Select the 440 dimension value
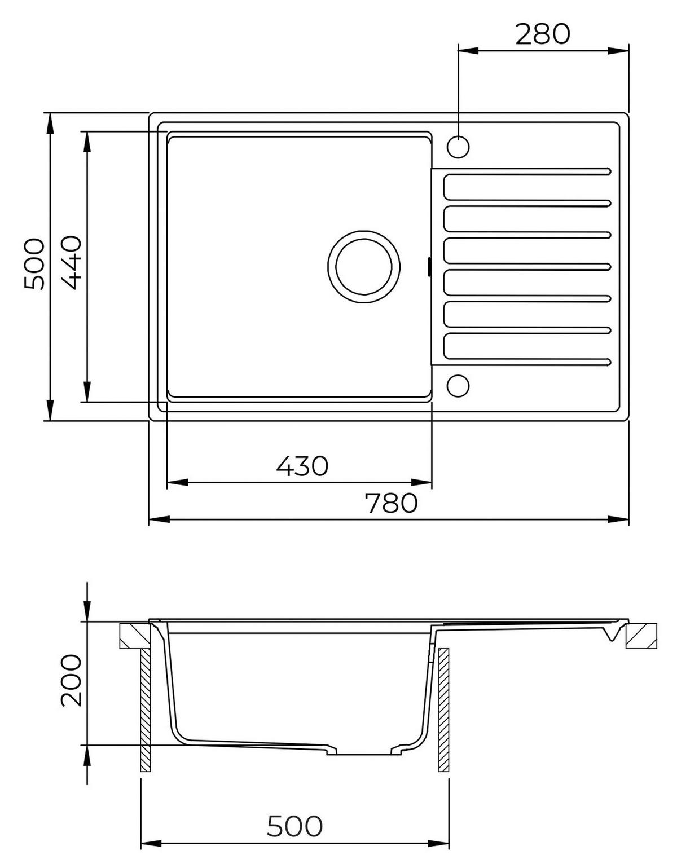coord(72,262)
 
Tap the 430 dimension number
coord(302,465)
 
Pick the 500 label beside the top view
coord(34,263)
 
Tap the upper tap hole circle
coord(458,147)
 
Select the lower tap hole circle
coord(458,386)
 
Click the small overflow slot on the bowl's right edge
coord(429,267)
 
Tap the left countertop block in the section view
coord(135,636)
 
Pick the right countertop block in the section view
coord(641,636)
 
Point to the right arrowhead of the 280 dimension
coord(618,51)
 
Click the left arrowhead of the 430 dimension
coord(177,483)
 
